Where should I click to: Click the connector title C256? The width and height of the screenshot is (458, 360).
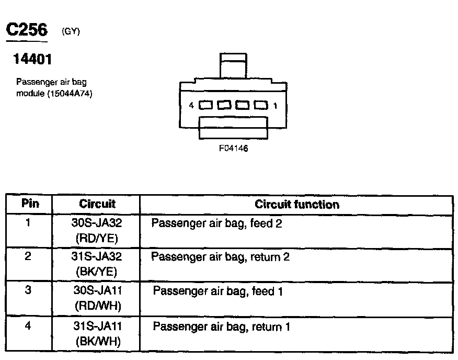pyautogui.click(x=27, y=30)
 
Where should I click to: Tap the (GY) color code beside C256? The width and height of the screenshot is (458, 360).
pyautogui.click(x=71, y=31)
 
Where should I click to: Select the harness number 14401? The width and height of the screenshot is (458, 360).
pyautogui.click(x=32, y=60)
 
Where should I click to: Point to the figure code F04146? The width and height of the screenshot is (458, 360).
pyautogui.click(x=233, y=148)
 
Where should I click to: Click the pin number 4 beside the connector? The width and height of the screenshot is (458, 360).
pyautogui.click(x=191, y=105)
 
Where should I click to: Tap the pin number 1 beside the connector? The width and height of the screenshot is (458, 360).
pyautogui.click(x=275, y=105)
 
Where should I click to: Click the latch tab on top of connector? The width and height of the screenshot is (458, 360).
pyautogui.click(x=233, y=66)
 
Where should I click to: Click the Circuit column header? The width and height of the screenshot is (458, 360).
pyautogui.click(x=97, y=204)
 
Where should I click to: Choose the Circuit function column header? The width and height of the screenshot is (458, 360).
pyautogui.click(x=296, y=204)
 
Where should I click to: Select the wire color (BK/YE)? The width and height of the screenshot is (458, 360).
pyautogui.click(x=97, y=272)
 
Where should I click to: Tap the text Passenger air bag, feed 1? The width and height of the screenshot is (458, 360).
pyautogui.click(x=217, y=291)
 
